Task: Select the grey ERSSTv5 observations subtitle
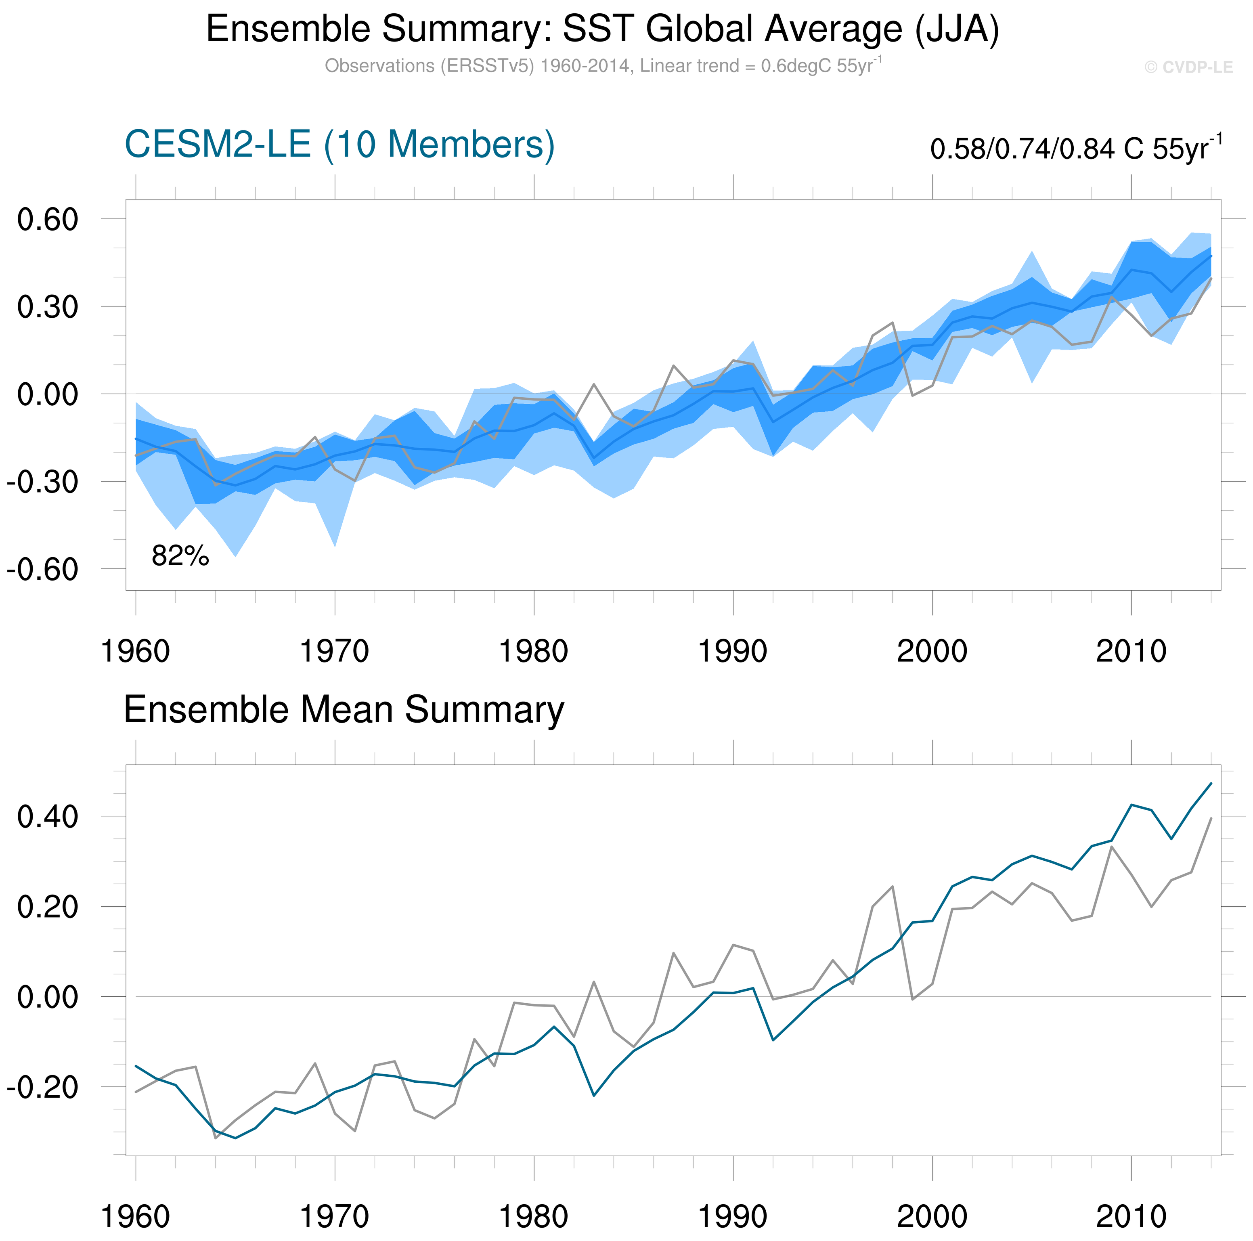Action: [x=603, y=66]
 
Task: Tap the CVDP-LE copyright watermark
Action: [x=1188, y=67]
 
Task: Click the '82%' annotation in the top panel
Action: [x=180, y=556]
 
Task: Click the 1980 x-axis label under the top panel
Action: [x=533, y=651]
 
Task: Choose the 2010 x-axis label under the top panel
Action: [x=1131, y=651]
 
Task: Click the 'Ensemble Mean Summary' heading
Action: [x=344, y=710]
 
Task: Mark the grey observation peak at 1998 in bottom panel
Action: [x=893, y=886]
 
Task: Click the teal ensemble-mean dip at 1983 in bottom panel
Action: [x=593, y=1096]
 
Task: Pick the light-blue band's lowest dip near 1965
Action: [x=235, y=556]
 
